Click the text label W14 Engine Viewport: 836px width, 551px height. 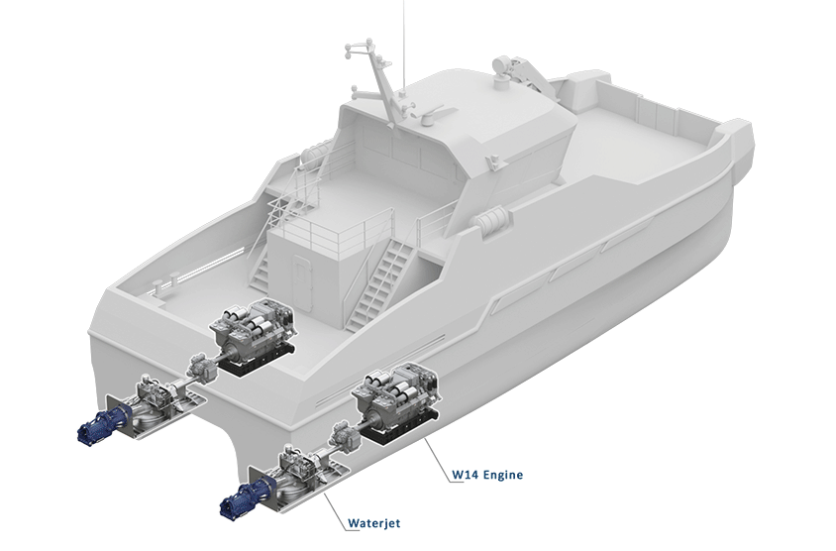[x=487, y=474]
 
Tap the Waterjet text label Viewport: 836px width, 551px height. [x=373, y=523]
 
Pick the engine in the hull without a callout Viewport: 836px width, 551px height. [x=253, y=335]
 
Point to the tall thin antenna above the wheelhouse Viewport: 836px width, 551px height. [x=403, y=46]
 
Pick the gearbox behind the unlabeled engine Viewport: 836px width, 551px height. [x=200, y=367]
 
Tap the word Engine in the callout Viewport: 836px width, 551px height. [x=504, y=475]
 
